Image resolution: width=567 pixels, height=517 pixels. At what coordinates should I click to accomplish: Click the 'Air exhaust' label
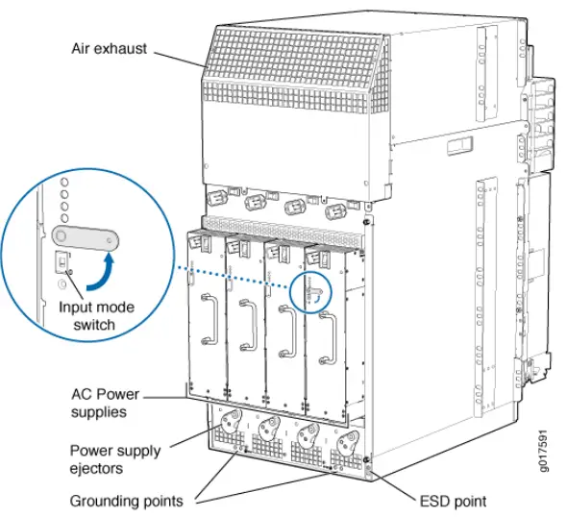(109, 49)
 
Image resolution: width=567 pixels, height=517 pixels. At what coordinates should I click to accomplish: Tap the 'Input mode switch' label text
(96, 315)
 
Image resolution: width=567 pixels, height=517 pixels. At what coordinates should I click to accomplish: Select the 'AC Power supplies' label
(105, 403)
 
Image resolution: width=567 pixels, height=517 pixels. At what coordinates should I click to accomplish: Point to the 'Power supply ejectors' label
(115, 459)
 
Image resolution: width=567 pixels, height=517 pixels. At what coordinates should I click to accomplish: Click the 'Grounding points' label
(126, 501)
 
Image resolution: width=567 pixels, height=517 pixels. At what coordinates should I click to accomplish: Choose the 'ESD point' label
(453, 502)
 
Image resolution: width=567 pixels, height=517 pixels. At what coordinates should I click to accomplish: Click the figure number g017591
(543, 451)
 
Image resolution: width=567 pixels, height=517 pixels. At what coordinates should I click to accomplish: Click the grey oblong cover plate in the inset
(86, 238)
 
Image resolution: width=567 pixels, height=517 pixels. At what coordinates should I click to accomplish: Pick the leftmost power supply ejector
(231, 422)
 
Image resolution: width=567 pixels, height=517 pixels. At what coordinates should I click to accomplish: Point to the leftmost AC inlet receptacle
(217, 198)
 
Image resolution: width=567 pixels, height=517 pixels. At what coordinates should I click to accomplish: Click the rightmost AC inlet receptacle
(335, 211)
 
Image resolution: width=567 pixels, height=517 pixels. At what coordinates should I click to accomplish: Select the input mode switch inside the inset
(62, 261)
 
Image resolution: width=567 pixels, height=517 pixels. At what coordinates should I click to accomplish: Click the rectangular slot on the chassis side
(459, 146)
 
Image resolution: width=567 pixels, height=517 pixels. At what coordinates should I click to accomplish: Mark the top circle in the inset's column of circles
(64, 183)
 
